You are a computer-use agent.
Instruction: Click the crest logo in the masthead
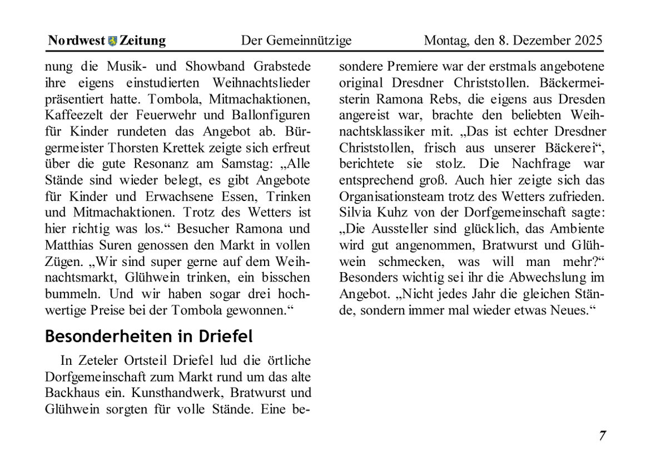coord(112,41)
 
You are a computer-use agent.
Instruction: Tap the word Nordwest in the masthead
coord(77,41)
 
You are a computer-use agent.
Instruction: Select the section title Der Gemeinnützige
coord(296,41)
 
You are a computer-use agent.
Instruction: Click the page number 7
coord(602,435)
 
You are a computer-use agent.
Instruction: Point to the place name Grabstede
coord(282,67)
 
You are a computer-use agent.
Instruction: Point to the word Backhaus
coord(71,393)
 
